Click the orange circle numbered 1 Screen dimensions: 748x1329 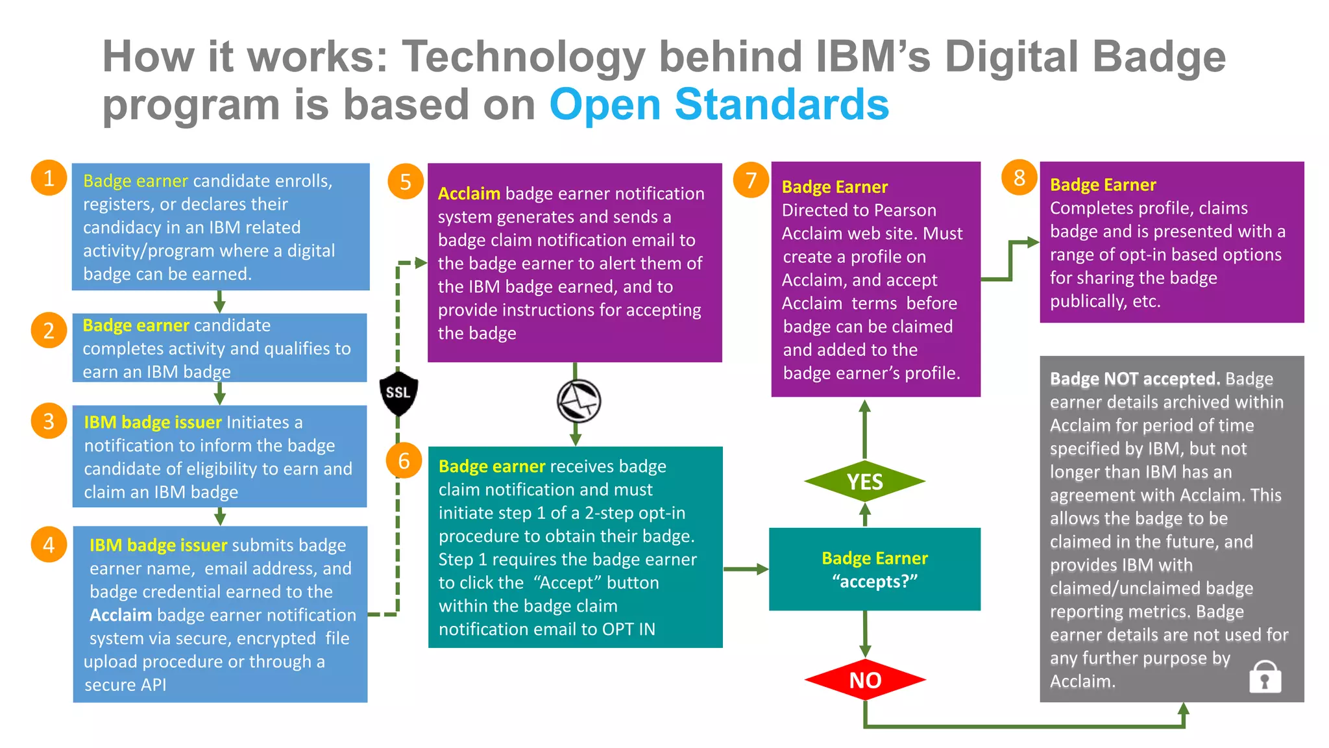pyautogui.click(x=49, y=178)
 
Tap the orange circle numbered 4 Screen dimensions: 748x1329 pyautogui.click(x=49, y=544)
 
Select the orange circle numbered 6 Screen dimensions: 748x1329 pyautogui.click(x=404, y=460)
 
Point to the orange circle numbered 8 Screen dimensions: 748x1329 pyautogui.click(x=1019, y=177)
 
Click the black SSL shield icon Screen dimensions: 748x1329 pyautogui.click(x=398, y=393)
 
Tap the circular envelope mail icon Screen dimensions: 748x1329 pyautogui.click(x=579, y=401)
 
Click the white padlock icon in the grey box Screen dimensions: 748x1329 pyautogui.click(x=1265, y=677)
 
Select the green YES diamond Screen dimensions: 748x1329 pyautogui.click(x=864, y=482)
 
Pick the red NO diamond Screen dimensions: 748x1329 pyautogui.click(x=864, y=680)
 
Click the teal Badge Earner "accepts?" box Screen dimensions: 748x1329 pyautogui.click(x=874, y=569)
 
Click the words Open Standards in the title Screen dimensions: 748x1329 pyautogui.click(x=718, y=105)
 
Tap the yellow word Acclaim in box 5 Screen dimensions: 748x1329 pyautogui.click(x=469, y=193)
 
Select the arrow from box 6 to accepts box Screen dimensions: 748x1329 pyautogui.click(x=746, y=569)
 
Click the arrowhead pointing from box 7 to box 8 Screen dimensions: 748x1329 pyautogui.click(x=1033, y=242)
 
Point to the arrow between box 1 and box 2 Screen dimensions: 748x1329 pyautogui.click(x=220, y=301)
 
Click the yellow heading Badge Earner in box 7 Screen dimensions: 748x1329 pyautogui.click(x=834, y=187)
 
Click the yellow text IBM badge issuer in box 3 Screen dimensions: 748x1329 pyautogui.click(x=152, y=422)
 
